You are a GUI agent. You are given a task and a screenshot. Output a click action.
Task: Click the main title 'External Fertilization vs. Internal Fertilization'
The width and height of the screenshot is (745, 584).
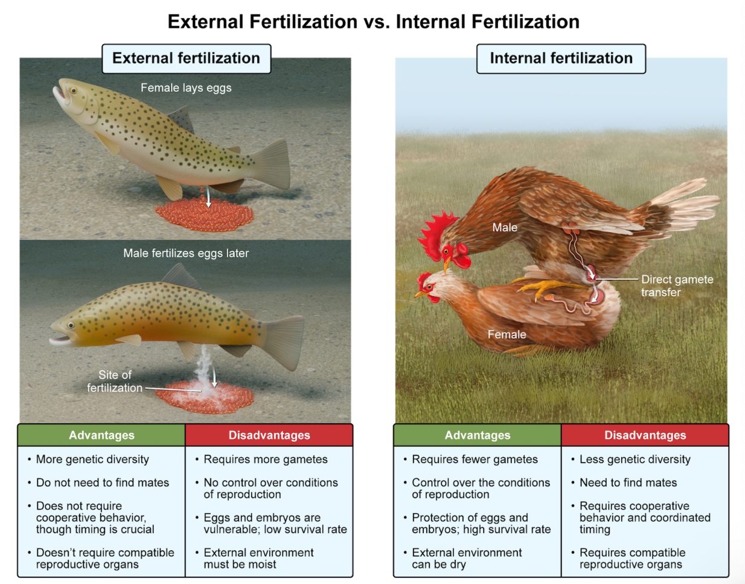tap(373, 22)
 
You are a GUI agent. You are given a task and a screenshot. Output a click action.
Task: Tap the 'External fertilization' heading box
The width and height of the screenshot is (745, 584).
tap(186, 59)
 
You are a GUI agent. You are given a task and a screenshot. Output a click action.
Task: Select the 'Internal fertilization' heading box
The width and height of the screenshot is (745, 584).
tap(561, 59)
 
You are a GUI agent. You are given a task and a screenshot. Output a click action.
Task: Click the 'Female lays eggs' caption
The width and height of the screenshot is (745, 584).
tap(186, 88)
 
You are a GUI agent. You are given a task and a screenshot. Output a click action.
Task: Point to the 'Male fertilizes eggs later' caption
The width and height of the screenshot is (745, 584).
tap(186, 253)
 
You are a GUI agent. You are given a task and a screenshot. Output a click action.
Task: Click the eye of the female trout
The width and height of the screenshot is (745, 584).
tap(74, 91)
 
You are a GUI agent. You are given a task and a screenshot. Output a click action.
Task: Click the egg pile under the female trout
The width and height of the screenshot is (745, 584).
tap(205, 214)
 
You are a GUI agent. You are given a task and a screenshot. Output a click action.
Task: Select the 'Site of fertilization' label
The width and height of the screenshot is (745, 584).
tap(115, 381)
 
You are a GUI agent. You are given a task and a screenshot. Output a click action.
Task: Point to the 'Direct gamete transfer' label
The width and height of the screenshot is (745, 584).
tap(677, 286)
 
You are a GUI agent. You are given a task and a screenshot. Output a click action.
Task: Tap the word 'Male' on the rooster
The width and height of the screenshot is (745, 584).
tap(505, 228)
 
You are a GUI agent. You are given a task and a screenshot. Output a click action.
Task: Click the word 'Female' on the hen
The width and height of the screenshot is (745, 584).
tap(507, 335)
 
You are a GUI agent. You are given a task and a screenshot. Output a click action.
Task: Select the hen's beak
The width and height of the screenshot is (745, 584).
tap(418, 294)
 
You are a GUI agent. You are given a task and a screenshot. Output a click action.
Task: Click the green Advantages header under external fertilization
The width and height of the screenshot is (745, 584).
tap(101, 435)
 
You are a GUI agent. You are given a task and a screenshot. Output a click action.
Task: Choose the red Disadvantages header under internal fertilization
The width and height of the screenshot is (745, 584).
tap(645, 435)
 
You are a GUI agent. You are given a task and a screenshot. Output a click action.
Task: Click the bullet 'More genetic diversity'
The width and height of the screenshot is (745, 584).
tap(92, 459)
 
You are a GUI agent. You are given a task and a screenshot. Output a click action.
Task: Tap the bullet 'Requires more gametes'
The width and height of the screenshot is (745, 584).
tap(266, 459)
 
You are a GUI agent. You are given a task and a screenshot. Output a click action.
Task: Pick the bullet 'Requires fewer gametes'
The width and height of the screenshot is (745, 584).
tap(475, 459)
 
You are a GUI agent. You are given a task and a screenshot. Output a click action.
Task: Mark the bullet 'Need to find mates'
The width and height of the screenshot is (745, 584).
tap(628, 483)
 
